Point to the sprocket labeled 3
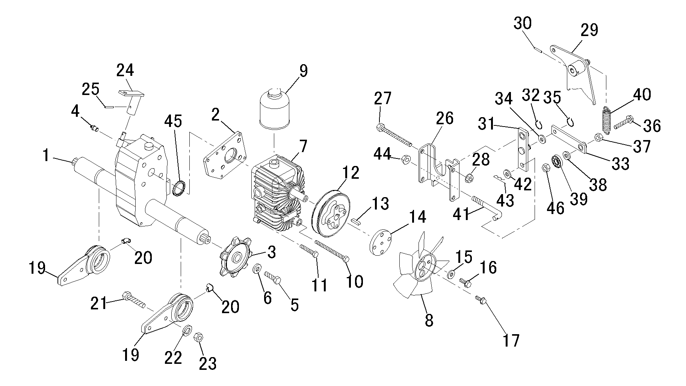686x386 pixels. click(235, 258)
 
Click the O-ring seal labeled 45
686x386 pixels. click(179, 188)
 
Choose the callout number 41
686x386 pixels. click(461, 215)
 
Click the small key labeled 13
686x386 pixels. click(356, 220)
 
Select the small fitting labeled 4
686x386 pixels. click(94, 128)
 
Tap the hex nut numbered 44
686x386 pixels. click(405, 160)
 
